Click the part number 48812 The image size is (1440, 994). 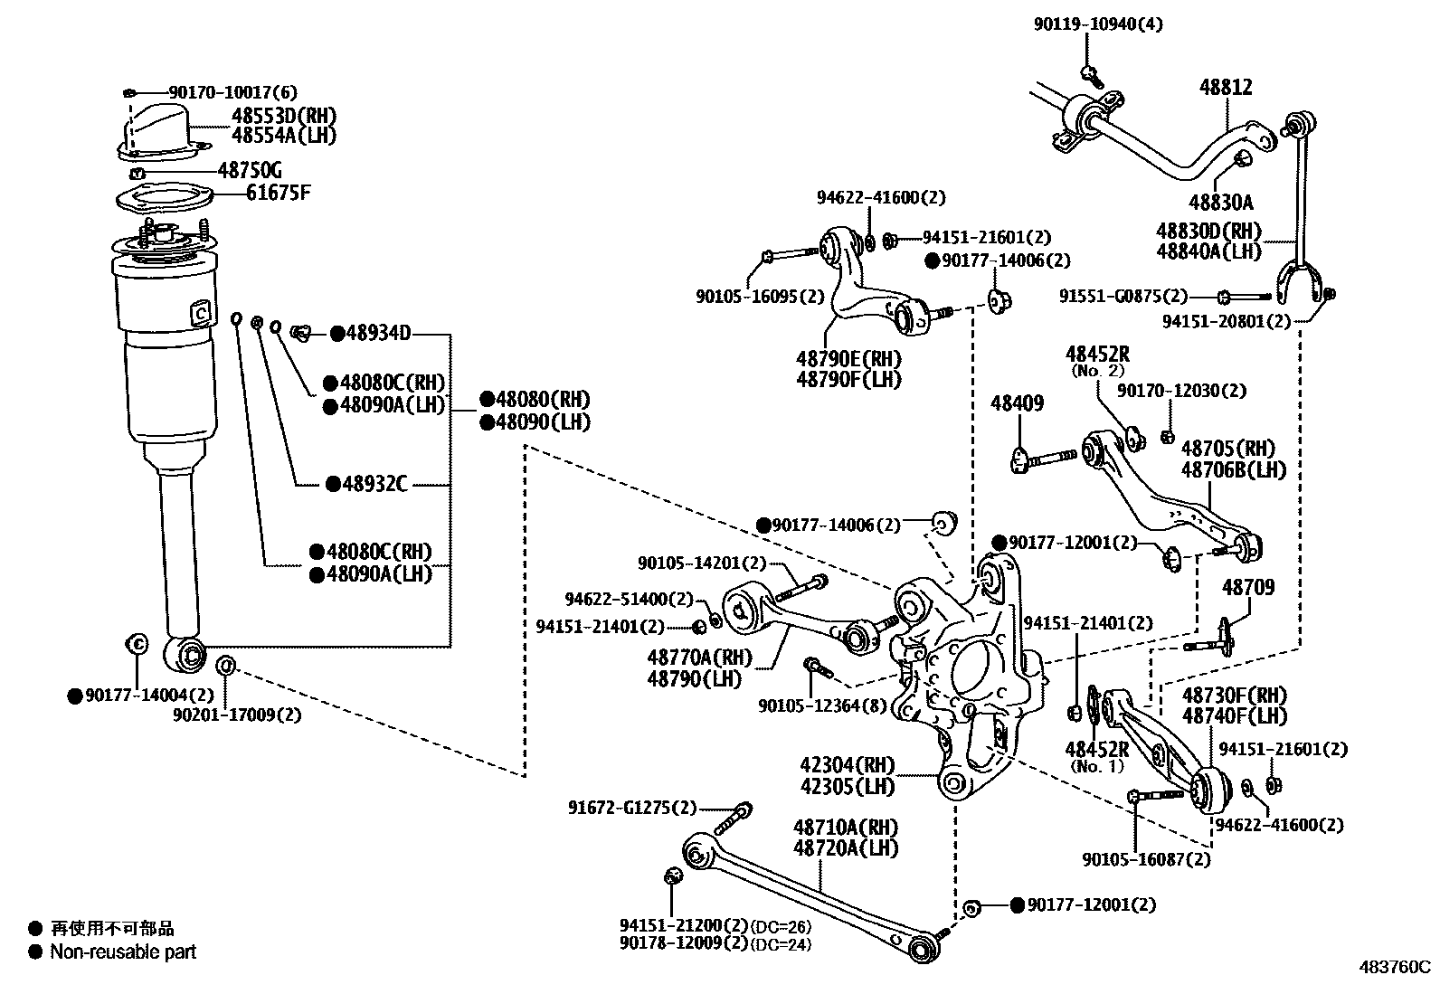click(1226, 88)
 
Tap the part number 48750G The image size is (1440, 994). click(250, 170)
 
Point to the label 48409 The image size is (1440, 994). click(1017, 402)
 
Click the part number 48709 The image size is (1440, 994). click(1248, 587)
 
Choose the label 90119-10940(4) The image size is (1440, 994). click(1098, 24)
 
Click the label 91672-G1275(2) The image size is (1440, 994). click(632, 808)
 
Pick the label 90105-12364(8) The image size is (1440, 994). click(822, 705)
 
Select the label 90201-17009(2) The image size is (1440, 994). click(237, 715)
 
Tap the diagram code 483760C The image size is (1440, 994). click(1393, 966)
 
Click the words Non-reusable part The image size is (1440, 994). click(123, 951)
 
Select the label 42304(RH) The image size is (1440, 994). click(847, 764)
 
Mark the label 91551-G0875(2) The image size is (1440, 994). click(1123, 296)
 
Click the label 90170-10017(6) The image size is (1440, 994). click(232, 92)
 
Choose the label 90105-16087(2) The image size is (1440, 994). click(1145, 858)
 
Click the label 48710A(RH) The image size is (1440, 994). click(846, 827)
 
